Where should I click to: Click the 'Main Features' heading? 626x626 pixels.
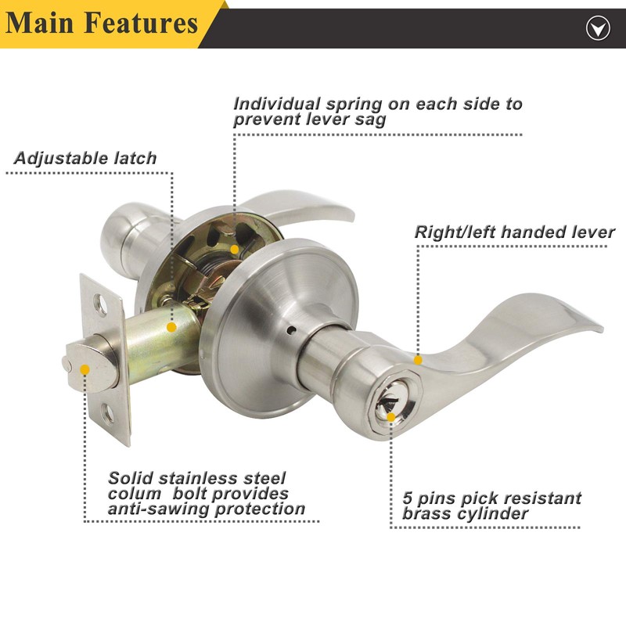pyautogui.click(x=102, y=23)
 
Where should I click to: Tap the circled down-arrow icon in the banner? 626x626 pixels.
pyautogui.click(x=598, y=28)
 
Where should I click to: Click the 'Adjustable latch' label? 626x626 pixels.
pyautogui.click(x=85, y=158)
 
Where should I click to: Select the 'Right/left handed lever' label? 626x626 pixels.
pyautogui.click(x=514, y=232)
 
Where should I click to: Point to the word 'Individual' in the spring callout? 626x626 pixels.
pyautogui.click(x=276, y=104)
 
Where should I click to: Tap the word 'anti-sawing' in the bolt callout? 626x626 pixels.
pyautogui.click(x=159, y=509)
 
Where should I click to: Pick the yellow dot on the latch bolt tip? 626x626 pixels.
pyautogui.click(x=85, y=369)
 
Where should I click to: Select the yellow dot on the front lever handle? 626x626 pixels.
pyautogui.click(x=418, y=360)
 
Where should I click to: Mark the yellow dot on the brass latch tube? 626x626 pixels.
pyautogui.click(x=171, y=327)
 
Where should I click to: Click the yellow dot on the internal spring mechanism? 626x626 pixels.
pyautogui.click(x=235, y=250)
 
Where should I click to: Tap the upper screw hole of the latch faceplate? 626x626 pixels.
pyautogui.click(x=101, y=305)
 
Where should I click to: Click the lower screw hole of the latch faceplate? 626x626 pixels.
pyautogui.click(x=108, y=414)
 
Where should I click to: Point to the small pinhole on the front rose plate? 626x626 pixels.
pyautogui.click(x=293, y=329)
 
